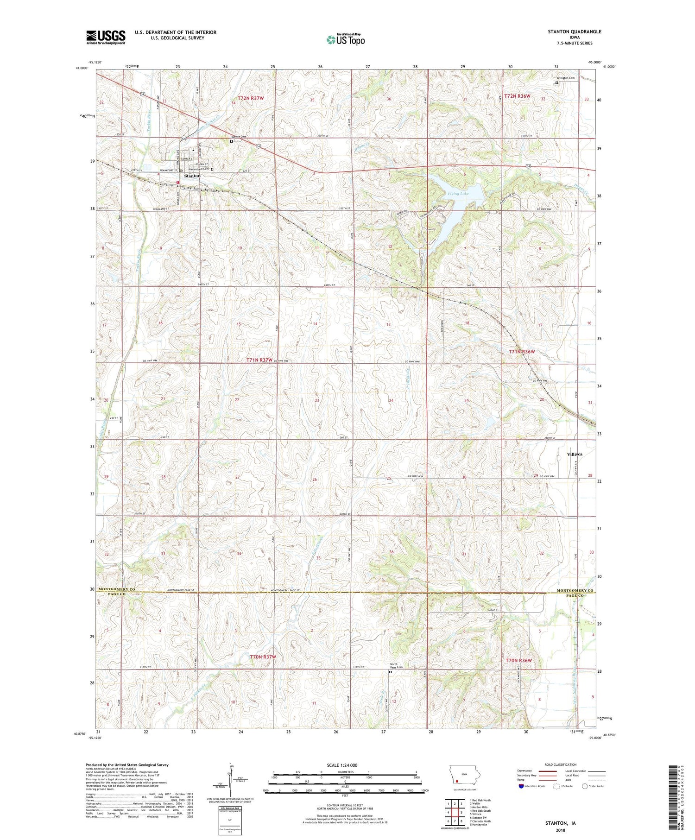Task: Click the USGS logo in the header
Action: click(106, 37)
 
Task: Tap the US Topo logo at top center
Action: click(345, 40)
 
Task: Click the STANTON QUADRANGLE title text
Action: click(575, 32)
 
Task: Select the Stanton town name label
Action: click(192, 176)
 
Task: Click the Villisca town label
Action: click(575, 454)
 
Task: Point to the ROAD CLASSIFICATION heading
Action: click(561, 764)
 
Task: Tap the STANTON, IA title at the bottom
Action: click(560, 823)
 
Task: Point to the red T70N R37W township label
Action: click(263, 657)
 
